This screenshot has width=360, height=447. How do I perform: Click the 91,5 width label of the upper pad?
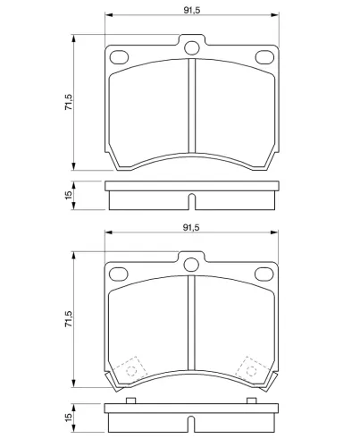(192, 10)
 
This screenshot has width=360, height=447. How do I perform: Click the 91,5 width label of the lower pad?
(191, 228)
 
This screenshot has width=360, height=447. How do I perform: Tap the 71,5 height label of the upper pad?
(69, 102)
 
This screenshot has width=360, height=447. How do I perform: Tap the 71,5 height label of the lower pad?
(69, 319)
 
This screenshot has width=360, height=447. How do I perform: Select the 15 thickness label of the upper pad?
(69, 195)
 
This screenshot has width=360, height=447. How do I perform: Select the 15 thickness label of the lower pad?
(69, 417)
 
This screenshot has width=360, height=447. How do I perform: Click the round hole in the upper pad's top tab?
(191, 47)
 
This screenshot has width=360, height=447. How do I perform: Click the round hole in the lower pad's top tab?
(191, 265)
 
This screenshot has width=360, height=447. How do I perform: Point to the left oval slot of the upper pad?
(119, 57)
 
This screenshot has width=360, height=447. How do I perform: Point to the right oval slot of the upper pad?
(264, 57)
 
